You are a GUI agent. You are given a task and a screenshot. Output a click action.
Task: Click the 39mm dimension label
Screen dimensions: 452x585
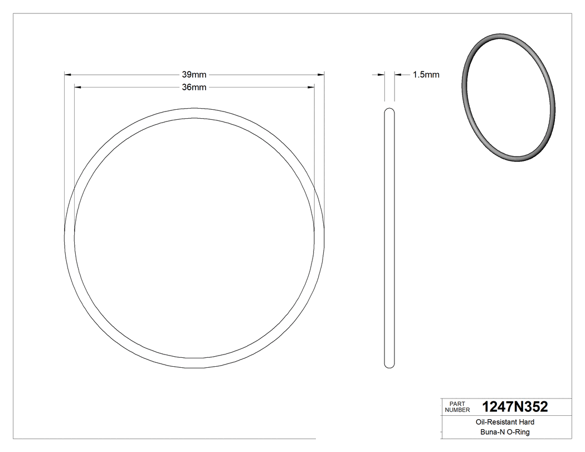click(x=194, y=74)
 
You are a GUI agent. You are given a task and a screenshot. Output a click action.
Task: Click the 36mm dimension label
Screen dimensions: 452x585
click(x=194, y=87)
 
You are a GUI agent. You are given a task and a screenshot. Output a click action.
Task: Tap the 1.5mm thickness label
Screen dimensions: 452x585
click(x=426, y=75)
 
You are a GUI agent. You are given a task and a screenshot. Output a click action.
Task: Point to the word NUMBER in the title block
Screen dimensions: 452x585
click(x=457, y=410)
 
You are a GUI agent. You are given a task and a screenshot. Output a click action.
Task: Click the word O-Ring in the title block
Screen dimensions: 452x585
click(x=518, y=432)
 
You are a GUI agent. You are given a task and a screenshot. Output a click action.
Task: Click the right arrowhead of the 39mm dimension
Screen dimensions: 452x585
click(x=321, y=74)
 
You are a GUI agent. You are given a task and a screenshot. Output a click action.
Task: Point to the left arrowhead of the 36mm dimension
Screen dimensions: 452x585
click(x=78, y=87)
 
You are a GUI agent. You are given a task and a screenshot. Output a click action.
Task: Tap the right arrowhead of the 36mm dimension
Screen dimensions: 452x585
click(x=311, y=87)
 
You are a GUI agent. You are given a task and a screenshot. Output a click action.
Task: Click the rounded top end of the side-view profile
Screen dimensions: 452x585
click(x=389, y=110)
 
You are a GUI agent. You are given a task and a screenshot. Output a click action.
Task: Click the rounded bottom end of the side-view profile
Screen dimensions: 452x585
click(x=389, y=366)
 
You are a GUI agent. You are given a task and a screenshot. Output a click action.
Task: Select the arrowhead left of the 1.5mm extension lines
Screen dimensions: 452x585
click(x=381, y=74)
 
